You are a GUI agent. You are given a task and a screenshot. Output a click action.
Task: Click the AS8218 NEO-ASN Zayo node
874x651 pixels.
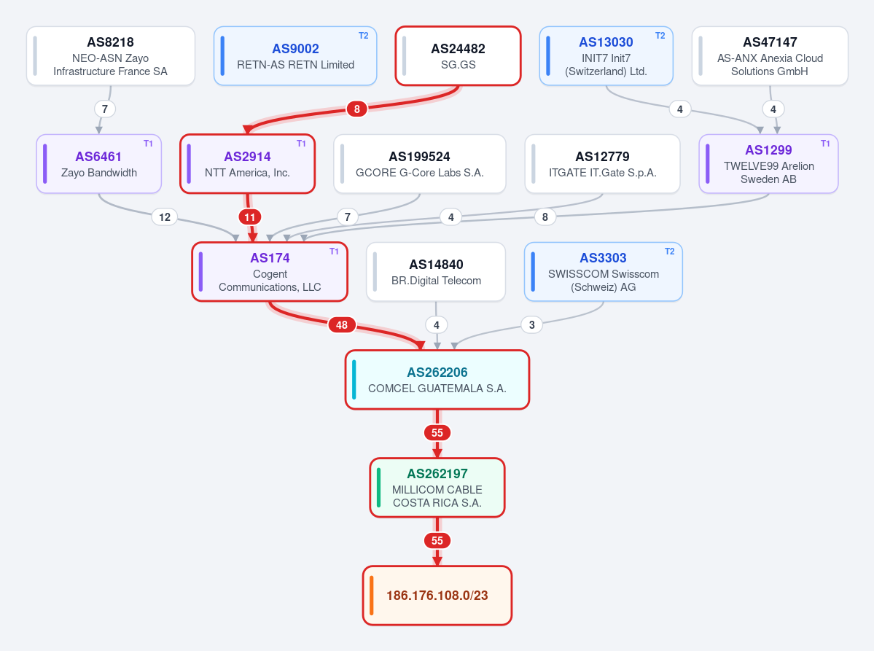[110, 55]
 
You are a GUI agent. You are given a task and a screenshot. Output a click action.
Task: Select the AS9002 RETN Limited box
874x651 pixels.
[295, 55]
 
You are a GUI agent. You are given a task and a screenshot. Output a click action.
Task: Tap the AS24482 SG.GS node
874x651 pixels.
[459, 55]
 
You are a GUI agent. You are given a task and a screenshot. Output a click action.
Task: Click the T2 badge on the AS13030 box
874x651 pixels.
[660, 36]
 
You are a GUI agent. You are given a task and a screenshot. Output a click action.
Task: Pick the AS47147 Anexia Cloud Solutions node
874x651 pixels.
[770, 55]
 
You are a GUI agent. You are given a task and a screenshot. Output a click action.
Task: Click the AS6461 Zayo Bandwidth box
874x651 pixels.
[98, 164]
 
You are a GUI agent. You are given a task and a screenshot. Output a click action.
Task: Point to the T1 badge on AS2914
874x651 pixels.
[301, 144]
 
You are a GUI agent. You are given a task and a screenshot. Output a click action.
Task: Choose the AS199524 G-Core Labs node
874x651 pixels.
[420, 164]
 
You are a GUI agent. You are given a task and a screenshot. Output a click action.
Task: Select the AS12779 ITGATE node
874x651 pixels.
[603, 164]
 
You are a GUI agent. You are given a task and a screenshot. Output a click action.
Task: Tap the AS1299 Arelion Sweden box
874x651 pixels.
[768, 164]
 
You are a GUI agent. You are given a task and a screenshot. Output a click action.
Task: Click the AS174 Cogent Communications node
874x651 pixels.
[270, 272]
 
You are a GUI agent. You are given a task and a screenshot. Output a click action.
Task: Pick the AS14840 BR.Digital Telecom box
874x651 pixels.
[436, 272]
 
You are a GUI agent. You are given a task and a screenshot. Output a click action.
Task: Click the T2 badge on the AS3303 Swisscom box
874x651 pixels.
[669, 252]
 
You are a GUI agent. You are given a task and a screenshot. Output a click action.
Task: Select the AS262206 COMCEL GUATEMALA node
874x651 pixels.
[437, 380]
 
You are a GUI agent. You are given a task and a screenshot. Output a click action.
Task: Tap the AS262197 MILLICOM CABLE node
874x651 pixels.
[437, 488]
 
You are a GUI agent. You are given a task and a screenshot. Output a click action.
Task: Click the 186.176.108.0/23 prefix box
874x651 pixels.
[437, 596]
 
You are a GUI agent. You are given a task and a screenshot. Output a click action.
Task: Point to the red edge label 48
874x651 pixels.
[342, 325]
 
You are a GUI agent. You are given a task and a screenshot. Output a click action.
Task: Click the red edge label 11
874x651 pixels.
[250, 217]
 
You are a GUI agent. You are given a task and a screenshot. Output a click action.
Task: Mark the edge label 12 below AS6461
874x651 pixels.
[165, 217]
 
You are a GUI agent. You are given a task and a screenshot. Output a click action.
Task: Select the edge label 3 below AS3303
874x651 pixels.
[531, 325]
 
